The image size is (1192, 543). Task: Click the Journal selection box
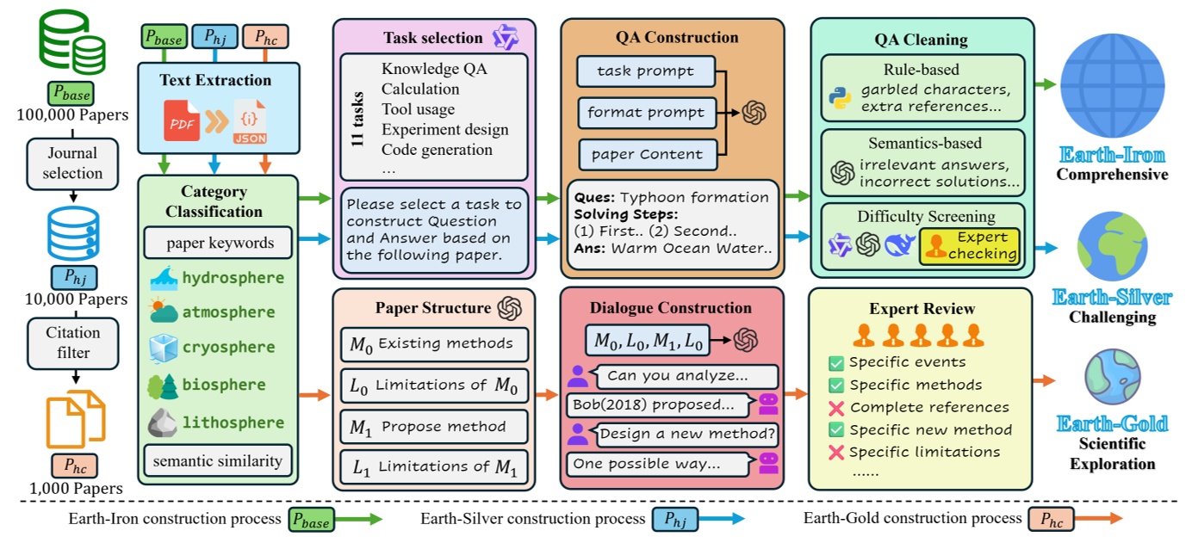(74, 163)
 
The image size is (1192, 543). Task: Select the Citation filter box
(74, 342)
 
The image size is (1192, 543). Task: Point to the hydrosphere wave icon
(163, 279)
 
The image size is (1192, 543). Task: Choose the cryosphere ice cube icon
(163, 349)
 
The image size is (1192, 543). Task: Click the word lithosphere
(233, 423)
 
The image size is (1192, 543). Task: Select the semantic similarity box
(218, 460)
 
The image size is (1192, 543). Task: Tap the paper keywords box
(218, 243)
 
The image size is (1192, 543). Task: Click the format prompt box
(646, 112)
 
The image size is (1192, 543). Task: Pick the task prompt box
(646, 71)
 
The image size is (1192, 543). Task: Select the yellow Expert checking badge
(970, 245)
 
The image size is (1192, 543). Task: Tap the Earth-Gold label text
(1112, 423)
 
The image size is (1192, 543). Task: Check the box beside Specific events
(835, 362)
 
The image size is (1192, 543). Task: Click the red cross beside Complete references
(835, 407)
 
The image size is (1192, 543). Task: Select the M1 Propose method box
(434, 427)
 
